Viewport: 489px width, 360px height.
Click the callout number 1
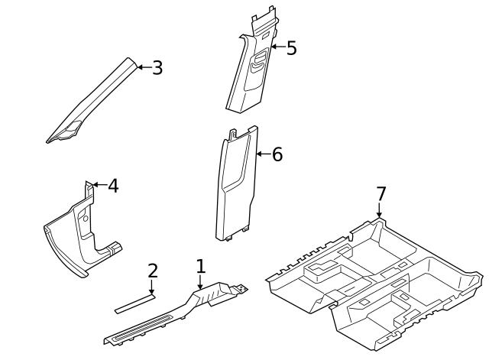200,267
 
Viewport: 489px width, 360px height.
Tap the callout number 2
153,271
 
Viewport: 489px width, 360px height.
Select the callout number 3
157,67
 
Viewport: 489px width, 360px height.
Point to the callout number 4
112,185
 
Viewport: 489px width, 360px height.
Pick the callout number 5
291,48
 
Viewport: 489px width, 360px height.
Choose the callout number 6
277,154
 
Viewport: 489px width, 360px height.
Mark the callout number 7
381,194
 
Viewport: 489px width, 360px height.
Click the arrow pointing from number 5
277,48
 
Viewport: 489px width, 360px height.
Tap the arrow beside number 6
263,154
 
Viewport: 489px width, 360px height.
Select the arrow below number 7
380,212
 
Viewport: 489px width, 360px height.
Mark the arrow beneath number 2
152,288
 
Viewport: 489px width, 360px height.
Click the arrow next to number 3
144,67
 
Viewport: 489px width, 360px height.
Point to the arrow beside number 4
98,185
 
